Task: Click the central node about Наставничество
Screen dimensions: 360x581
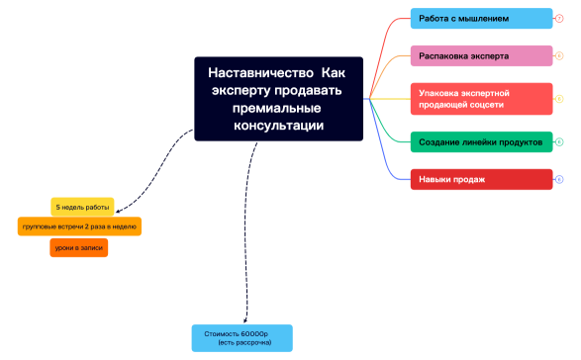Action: tap(278, 99)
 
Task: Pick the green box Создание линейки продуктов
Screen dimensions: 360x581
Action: tap(481, 142)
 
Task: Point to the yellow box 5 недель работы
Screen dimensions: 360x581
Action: tap(83, 207)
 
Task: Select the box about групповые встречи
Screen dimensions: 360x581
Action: tap(80, 227)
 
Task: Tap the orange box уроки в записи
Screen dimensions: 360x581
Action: tap(78, 248)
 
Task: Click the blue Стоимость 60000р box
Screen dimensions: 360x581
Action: tap(242, 337)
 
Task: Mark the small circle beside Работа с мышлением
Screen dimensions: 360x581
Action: tap(559, 19)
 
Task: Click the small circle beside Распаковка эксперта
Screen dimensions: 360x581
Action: tap(559, 56)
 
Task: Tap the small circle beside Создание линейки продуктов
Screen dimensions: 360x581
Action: tap(559, 142)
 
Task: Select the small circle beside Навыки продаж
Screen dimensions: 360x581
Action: tap(559, 179)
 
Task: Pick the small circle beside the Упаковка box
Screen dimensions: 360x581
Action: tap(559, 98)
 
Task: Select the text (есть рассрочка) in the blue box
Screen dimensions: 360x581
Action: tap(242, 342)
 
